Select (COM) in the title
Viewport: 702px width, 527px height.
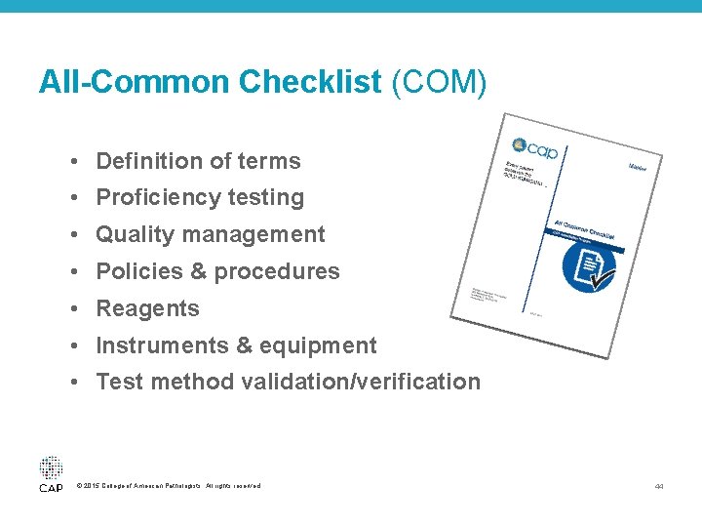(438, 82)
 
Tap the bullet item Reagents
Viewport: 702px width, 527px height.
(147, 308)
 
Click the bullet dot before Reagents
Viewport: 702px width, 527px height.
(75, 309)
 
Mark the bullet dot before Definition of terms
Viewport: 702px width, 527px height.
(75, 162)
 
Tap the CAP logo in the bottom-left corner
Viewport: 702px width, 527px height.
(51, 473)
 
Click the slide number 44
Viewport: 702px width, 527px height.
(660, 486)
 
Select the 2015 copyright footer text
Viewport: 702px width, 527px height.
(168, 486)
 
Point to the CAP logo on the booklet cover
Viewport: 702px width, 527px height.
(533, 148)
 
